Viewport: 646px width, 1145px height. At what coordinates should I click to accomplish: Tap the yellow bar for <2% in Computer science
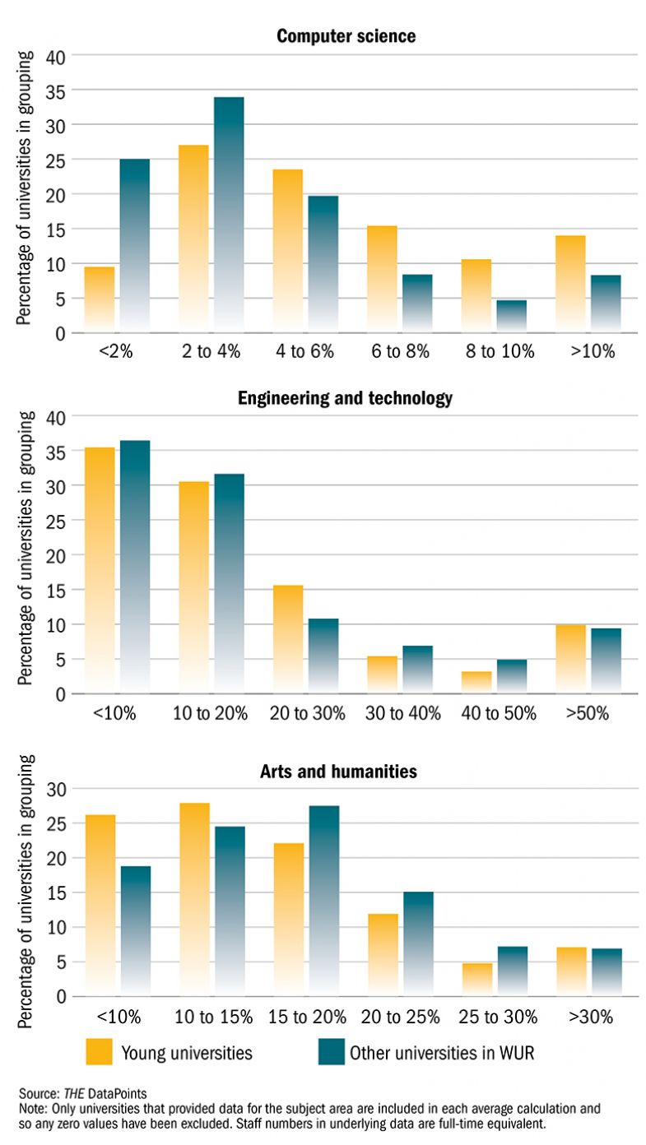(100, 299)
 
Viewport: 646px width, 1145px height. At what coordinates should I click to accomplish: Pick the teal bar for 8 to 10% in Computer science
(511, 317)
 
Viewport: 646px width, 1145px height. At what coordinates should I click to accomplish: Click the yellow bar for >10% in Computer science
(569, 284)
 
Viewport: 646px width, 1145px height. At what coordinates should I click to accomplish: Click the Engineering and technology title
(345, 399)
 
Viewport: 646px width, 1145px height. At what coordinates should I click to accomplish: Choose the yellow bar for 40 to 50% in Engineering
(476, 682)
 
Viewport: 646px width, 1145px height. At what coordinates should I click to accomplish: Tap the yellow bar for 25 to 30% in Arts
(476, 979)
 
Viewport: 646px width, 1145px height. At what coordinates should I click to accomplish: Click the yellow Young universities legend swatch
(99, 1052)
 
